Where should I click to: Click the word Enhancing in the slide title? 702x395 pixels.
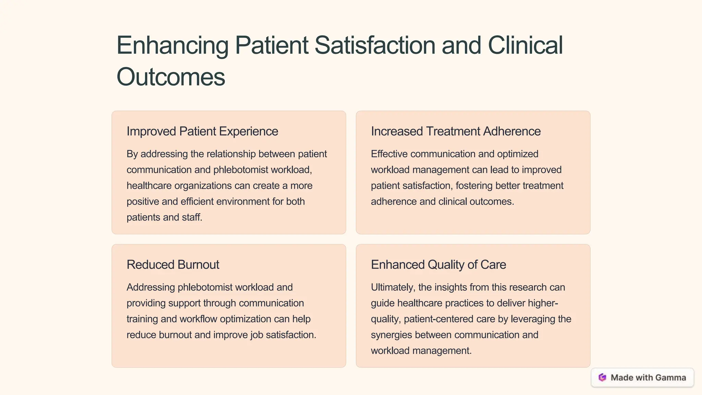[172, 46]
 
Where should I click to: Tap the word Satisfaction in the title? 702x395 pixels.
[375, 46]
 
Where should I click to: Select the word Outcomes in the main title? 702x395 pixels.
[171, 77]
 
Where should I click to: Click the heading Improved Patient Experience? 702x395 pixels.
[202, 131]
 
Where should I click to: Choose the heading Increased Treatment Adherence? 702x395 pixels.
[456, 131]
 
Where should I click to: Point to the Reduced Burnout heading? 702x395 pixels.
[173, 265]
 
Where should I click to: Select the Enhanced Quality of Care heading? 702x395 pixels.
[438, 265]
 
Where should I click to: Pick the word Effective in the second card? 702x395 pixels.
[389, 154]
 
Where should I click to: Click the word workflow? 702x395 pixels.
[198, 319]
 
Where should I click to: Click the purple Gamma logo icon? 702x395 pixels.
[602, 378]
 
